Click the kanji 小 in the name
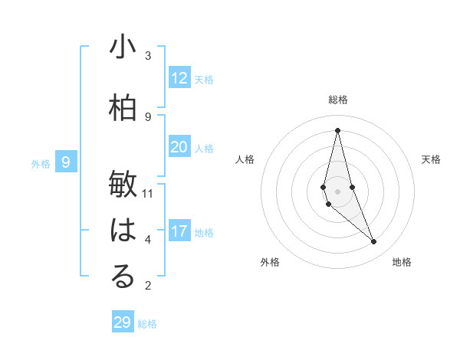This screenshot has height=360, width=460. coord(123,47)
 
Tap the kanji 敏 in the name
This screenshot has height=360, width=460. coord(123,185)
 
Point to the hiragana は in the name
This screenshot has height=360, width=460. coord(123,231)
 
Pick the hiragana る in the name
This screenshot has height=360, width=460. coord(123,277)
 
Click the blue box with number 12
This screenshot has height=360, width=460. coord(179,78)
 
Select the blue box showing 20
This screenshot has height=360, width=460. coord(179,147)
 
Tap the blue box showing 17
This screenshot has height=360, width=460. coord(179,231)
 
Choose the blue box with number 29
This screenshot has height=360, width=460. coord(123,322)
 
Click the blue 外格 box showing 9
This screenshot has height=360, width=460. coord(66,162)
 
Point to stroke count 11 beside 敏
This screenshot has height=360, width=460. coord(149,193)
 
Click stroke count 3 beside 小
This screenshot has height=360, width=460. coord(148,55)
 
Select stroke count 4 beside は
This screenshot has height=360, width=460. coord(148,239)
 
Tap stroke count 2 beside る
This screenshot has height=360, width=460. coord(148,285)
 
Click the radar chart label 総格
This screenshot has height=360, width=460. coord(338,100)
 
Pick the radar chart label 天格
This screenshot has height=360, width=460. coord(432,159)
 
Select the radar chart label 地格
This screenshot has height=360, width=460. coord(402,262)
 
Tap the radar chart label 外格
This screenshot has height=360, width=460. coord(270,262)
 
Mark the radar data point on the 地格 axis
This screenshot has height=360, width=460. coord(374,242)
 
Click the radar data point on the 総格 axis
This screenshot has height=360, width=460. coord(337,130)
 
